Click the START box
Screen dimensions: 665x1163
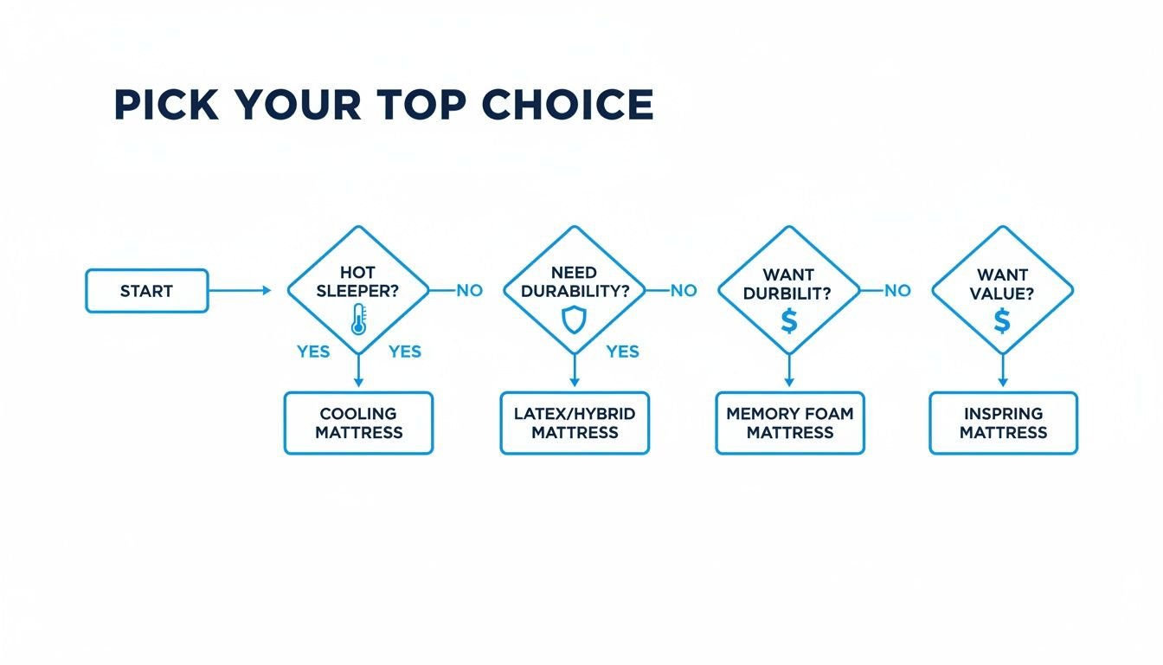146,291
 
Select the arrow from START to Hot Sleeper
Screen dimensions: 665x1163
240,291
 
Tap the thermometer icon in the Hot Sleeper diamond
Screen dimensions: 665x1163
357,319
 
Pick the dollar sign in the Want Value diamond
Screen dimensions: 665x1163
1002,321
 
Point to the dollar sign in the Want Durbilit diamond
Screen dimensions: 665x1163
788,320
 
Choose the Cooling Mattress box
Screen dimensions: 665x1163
358,423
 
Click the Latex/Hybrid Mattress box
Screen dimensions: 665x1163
575,423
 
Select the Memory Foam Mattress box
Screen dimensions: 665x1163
789,423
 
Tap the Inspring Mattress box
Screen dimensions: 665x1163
1003,423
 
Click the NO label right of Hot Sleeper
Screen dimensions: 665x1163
469,291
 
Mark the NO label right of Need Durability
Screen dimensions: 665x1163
684,291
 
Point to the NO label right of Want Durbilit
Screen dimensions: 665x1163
897,291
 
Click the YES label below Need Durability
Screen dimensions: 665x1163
622,352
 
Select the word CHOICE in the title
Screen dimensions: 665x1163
567,106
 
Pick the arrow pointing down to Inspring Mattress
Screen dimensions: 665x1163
1003,372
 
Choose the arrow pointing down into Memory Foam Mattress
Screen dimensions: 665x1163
788,372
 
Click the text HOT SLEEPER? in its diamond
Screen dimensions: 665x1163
358,282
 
